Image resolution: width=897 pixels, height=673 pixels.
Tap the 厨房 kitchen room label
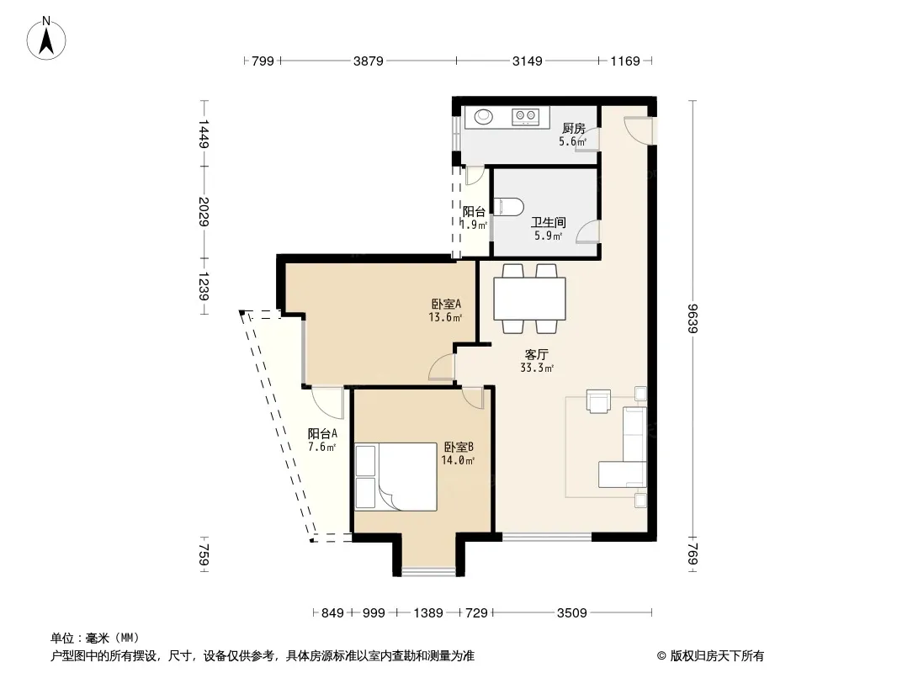click(573, 129)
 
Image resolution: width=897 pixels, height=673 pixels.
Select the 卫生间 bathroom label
click(547, 223)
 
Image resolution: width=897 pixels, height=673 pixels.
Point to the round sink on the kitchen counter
click(485, 116)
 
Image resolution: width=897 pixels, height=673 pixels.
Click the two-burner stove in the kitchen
click(528, 116)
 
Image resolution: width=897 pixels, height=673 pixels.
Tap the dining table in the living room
click(529, 298)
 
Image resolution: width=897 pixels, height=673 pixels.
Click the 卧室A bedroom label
click(445, 304)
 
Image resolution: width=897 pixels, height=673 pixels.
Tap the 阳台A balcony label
click(322, 433)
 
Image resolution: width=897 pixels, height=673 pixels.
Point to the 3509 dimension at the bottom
click(571, 613)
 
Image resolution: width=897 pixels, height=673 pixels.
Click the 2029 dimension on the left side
click(203, 212)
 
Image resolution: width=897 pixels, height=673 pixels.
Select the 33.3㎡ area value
click(536, 368)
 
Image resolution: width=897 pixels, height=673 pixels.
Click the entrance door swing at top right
click(637, 130)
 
